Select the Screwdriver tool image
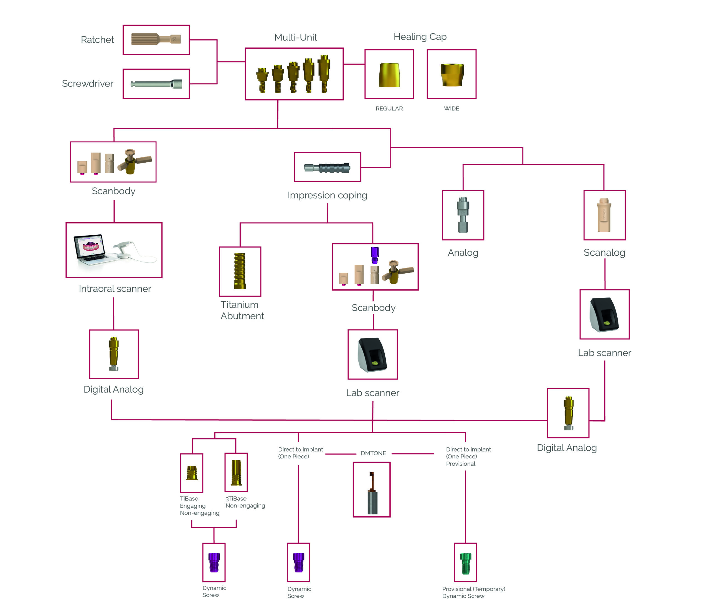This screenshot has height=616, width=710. tap(156, 84)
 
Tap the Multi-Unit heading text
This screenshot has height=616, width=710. tap(295, 37)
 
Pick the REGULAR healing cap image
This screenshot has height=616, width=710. tap(389, 75)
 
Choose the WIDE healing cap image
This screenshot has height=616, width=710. tap(452, 75)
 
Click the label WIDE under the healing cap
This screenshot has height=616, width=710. tap(451, 108)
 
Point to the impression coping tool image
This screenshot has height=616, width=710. tap(327, 168)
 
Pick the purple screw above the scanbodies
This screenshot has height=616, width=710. tap(374, 255)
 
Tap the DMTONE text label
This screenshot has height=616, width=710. tap(373, 453)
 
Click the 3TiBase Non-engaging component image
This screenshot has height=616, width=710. tap(236, 473)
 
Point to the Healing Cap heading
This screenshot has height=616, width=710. tap(420, 37)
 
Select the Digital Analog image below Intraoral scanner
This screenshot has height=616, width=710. tap(114, 354)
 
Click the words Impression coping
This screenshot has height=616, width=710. tap(327, 195)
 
